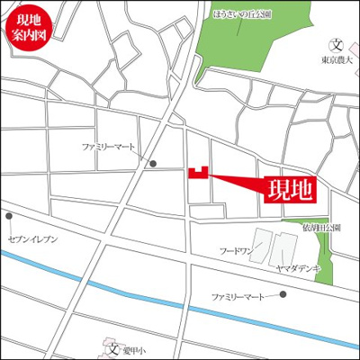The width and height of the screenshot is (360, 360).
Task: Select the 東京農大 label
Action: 337,60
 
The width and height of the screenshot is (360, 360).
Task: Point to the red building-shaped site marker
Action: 197,173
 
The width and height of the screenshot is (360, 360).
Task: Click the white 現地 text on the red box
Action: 290,189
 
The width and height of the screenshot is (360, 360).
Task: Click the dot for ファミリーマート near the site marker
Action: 154,163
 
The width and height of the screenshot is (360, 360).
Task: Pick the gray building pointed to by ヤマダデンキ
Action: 285,246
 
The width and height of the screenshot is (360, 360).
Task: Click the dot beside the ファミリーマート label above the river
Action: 283,294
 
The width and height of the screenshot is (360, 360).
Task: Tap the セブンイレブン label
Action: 32,238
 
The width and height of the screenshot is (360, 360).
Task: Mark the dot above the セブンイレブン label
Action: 9,216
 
